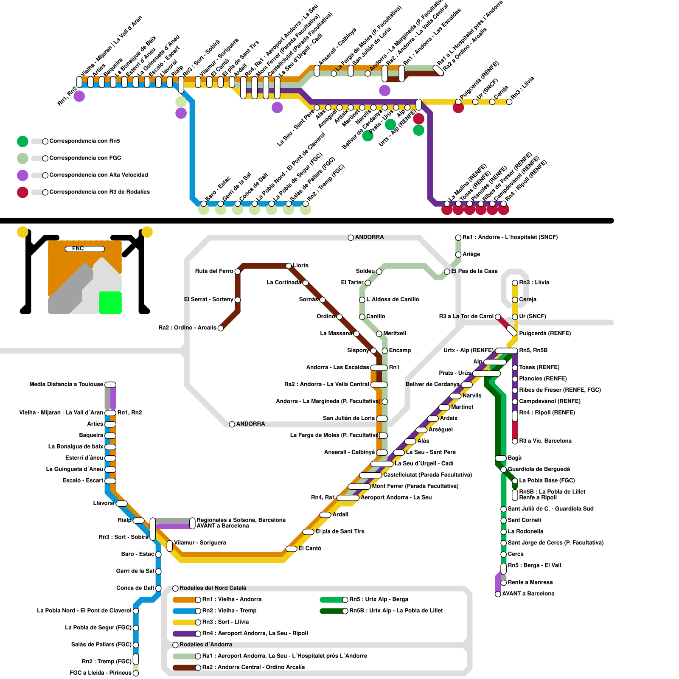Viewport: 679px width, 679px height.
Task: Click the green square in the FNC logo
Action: tap(110, 303)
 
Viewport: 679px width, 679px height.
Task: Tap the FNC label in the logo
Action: tap(78, 249)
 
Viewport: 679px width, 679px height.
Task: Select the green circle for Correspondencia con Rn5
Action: tap(22, 141)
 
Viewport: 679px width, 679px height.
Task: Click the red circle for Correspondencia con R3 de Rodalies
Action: tap(22, 192)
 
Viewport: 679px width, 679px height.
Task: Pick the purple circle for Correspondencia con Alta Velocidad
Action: tap(22, 175)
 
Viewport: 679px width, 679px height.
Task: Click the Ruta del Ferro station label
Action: tap(214, 271)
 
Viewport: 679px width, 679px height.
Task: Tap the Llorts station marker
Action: tap(289, 266)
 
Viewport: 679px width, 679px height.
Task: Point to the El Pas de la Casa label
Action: tap(474, 271)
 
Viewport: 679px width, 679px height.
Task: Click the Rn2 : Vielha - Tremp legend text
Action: tap(229, 611)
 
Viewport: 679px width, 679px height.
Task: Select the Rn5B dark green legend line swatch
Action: tap(332, 611)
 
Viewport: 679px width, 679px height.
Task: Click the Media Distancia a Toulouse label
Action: tap(66, 384)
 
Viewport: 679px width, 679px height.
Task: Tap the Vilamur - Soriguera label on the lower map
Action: tap(200, 543)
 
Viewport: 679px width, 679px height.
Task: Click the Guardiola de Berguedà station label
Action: tap(539, 469)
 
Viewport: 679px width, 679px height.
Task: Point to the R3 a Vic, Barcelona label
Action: tap(545, 441)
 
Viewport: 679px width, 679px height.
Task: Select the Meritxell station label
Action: tap(395, 334)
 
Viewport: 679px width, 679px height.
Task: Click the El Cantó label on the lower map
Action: tap(310, 548)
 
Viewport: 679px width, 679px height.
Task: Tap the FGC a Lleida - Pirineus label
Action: tap(101, 673)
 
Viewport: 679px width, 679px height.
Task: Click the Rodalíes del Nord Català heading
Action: tap(213, 588)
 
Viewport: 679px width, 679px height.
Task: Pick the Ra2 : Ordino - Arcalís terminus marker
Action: tap(221, 328)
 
